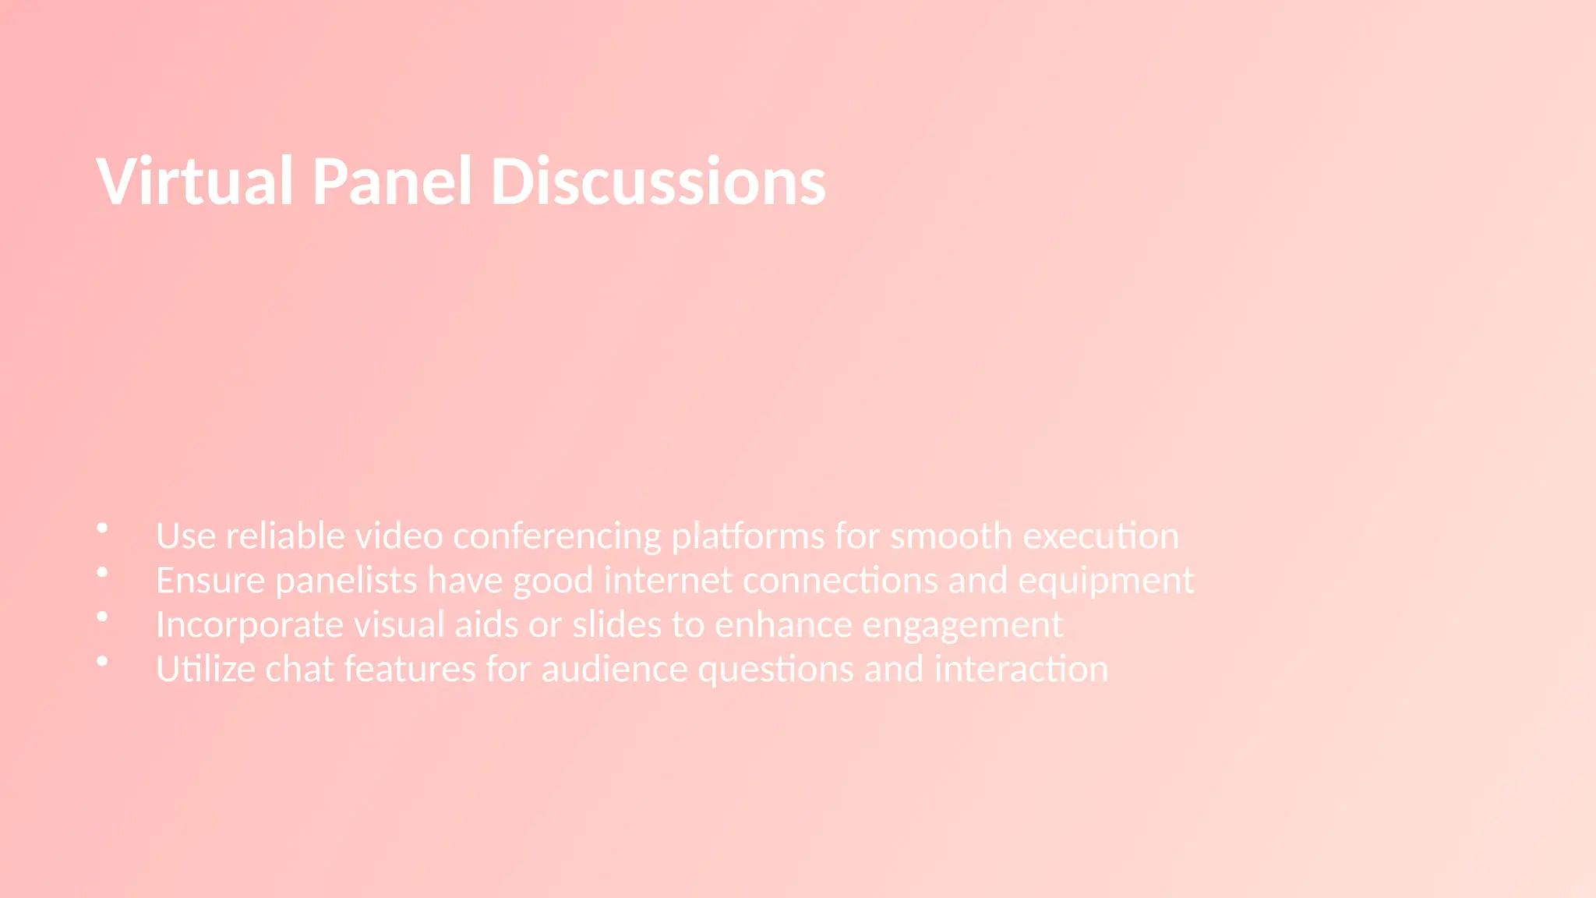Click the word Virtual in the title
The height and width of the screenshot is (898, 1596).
pyautogui.click(x=195, y=181)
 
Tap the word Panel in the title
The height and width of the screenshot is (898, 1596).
pyautogui.click(x=392, y=181)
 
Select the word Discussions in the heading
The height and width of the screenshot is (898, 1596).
pyautogui.click(x=658, y=181)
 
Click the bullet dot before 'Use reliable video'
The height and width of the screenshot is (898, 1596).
pyautogui.click(x=102, y=529)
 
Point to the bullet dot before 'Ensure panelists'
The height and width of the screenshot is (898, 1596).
pyautogui.click(x=102, y=573)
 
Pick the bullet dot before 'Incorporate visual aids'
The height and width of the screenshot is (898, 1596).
pyautogui.click(x=102, y=617)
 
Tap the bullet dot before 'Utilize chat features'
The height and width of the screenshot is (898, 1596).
pyautogui.click(x=102, y=661)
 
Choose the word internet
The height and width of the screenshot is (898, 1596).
pyautogui.click(x=668, y=581)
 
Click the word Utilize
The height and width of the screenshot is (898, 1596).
pyautogui.click(x=206, y=670)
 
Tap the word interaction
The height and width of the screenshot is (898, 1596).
pyautogui.click(x=1021, y=670)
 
